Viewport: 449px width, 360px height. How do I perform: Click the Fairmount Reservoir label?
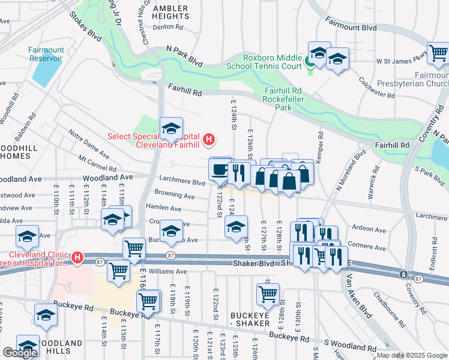pyautogui.click(x=46, y=54)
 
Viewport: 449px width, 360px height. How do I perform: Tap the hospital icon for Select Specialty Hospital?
pyautogui.click(x=208, y=140)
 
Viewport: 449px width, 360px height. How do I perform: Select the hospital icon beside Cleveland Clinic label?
pyautogui.click(x=76, y=259)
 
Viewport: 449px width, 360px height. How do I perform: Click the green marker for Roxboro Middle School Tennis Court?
pyautogui.click(x=310, y=61)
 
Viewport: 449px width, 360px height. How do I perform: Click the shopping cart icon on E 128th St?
pyautogui.click(x=268, y=294)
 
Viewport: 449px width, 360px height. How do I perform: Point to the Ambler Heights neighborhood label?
pyautogui.click(x=170, y=13)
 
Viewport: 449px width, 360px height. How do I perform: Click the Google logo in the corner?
pyautogui.click(x=20, y=353)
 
